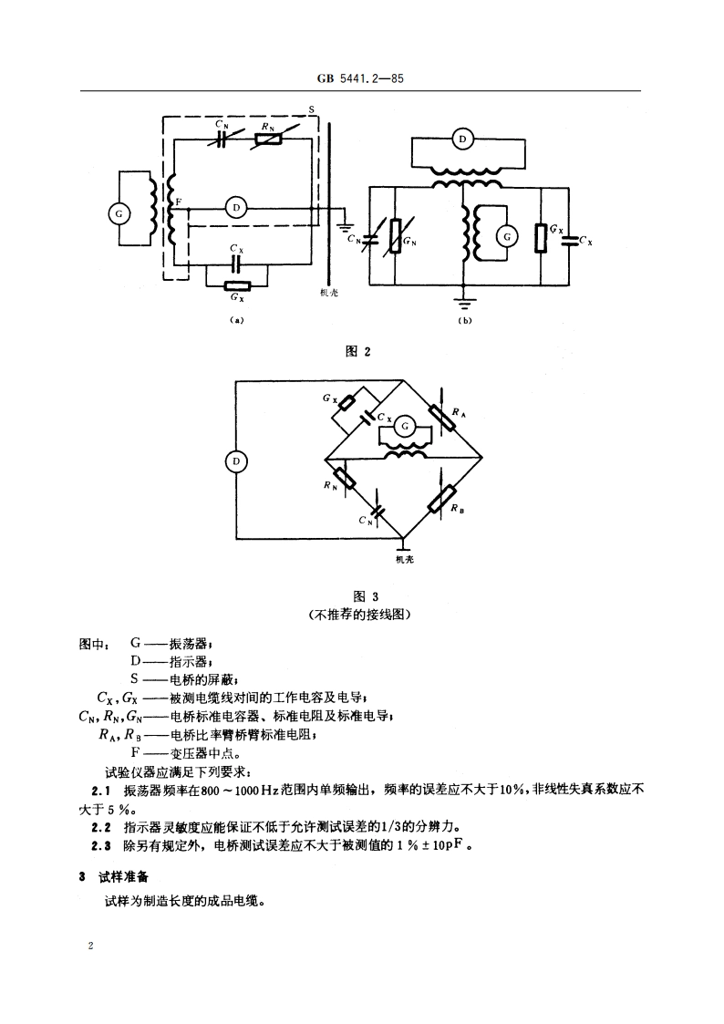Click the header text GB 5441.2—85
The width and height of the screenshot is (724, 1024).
pyautogui.click(x=361, y=79)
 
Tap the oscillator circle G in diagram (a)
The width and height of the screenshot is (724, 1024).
pyautogui.click(x=118, y=213)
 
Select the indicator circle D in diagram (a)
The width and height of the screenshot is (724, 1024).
pyautogui.click(x=235, y=208)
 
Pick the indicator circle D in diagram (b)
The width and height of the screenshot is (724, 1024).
pyautogui.click(x=463, y=140)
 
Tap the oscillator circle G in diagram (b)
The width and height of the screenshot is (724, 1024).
pyautogui.click(x=505, y=237)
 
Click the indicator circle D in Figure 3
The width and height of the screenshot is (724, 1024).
pyautogui.click(x=235, y=461)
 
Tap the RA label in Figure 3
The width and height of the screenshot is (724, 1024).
pyautogui.click(x=459, y=412)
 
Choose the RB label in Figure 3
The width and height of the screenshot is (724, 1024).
pyautogui.click(x=456, y=510)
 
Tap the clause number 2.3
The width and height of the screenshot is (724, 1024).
pyautogui.click(x=100, y=845)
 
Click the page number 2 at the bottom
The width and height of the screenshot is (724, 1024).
pyautogui.click(x=90, y=946)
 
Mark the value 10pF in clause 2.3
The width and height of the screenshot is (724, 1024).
pyautogui.click(x=450, y=845)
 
